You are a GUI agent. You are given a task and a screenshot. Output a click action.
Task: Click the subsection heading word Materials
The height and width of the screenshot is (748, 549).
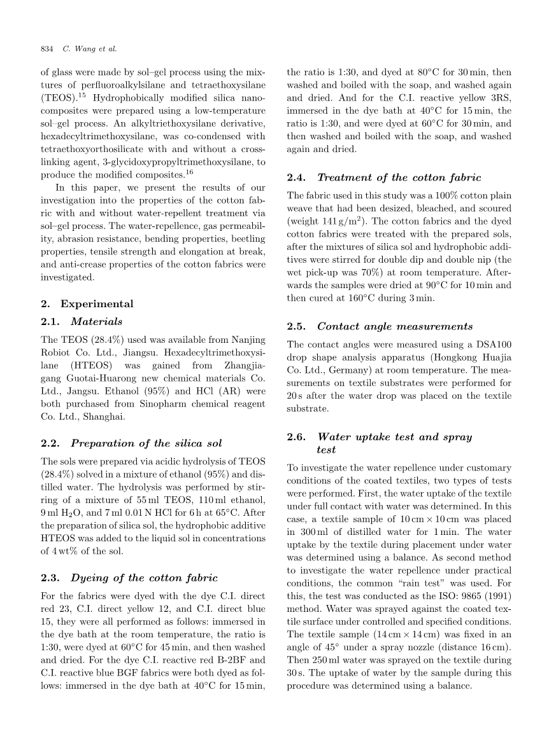(x=97, y=321)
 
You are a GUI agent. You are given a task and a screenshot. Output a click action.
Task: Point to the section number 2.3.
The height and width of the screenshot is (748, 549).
(x=50, y=578)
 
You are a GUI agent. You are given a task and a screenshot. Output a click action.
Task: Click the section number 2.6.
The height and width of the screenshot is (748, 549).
(x=297, y=436)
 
